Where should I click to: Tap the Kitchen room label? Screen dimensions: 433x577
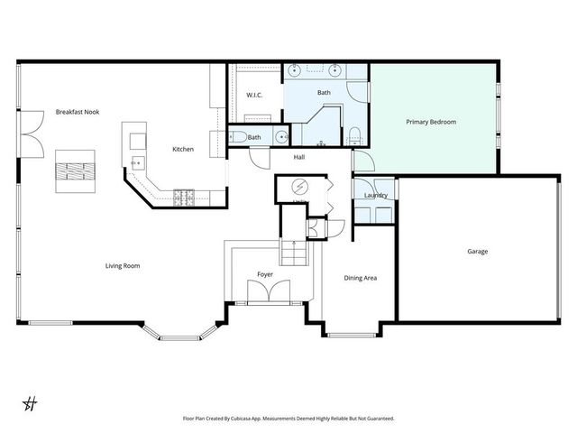pos(184,149)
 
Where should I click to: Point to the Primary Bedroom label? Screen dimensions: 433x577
pos(431,121)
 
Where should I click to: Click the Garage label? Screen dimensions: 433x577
pos(477,252)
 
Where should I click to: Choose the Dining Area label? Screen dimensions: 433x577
pos(361,278)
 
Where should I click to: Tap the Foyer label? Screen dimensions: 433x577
pos(265,274)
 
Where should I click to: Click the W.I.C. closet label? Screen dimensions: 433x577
pos(253,95)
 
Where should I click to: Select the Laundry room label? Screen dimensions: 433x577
pos(376,196)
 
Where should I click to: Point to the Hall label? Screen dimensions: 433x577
pos(302,157)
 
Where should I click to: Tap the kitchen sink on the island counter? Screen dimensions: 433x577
pos(137,162)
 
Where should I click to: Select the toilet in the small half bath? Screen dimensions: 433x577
pos(236,137)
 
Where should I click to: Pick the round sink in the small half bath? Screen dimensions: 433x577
pos(280,138)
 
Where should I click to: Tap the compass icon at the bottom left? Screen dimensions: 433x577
pos(29,401)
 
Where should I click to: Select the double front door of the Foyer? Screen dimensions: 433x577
pos(268,291)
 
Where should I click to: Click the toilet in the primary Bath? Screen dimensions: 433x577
pos(355,136)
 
